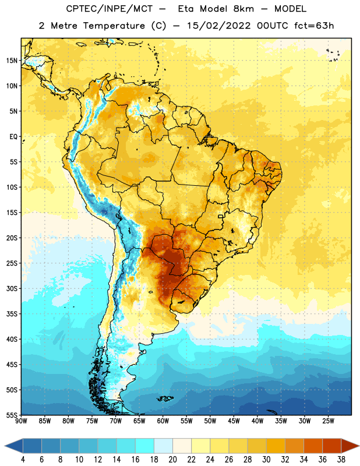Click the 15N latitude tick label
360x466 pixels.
(x=12, y=61)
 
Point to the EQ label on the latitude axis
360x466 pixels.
(x=13, y=137)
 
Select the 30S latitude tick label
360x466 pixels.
(x=12, y=288)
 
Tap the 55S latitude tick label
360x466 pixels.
(x=12, y=415)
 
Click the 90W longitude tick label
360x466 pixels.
(x=21, y=421)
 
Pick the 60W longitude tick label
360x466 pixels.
(x=163, y=421)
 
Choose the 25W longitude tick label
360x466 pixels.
(x=328, y=421)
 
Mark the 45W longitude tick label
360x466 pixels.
(x=234, y=421)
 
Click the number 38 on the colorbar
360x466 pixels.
(x=341, y=460)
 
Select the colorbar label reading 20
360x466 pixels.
(x=172, y=460)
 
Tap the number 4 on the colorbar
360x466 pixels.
(x=23, y=460)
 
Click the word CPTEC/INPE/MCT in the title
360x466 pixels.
(x=109, y=9)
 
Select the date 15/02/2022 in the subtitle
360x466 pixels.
(x=218, y=26)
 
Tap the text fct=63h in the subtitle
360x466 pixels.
(x=314, y=26)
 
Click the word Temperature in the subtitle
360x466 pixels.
(x=114, y=26)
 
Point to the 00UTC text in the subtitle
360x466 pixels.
(x=272, y=26)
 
